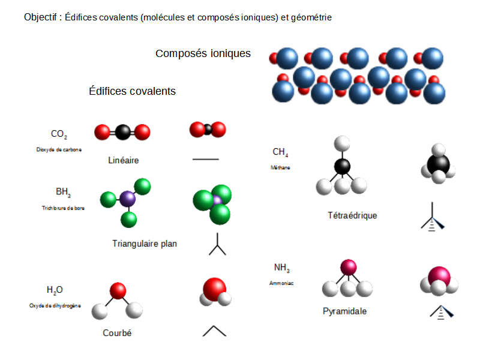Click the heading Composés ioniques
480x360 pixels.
(x=203, y=53)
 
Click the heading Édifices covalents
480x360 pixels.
(x=132, y=91)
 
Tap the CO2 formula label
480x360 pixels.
(x=59, y=134)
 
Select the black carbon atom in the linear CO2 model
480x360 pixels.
(x=122, y=131)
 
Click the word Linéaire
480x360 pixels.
(x=124, y=160)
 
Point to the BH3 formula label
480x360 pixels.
(x=63, y=192)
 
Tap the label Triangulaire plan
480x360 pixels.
(x=145, y=244)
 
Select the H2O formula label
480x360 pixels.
(x=54, y=290)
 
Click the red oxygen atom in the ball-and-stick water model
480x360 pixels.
(x=118, y=291)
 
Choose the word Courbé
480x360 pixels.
(x=117, y=333)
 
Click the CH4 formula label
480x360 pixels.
(x=280, y=152)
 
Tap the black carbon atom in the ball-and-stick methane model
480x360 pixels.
(x=342, y=166)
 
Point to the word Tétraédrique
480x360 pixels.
(x=352, y=215)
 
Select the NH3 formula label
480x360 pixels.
(x=281, y=268)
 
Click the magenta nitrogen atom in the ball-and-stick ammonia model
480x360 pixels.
(x=348, y=267)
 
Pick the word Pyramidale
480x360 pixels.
(x=344, y=311)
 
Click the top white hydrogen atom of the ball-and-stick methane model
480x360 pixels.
(x=342, y=143)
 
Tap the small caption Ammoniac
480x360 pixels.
(x=281, y=282)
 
